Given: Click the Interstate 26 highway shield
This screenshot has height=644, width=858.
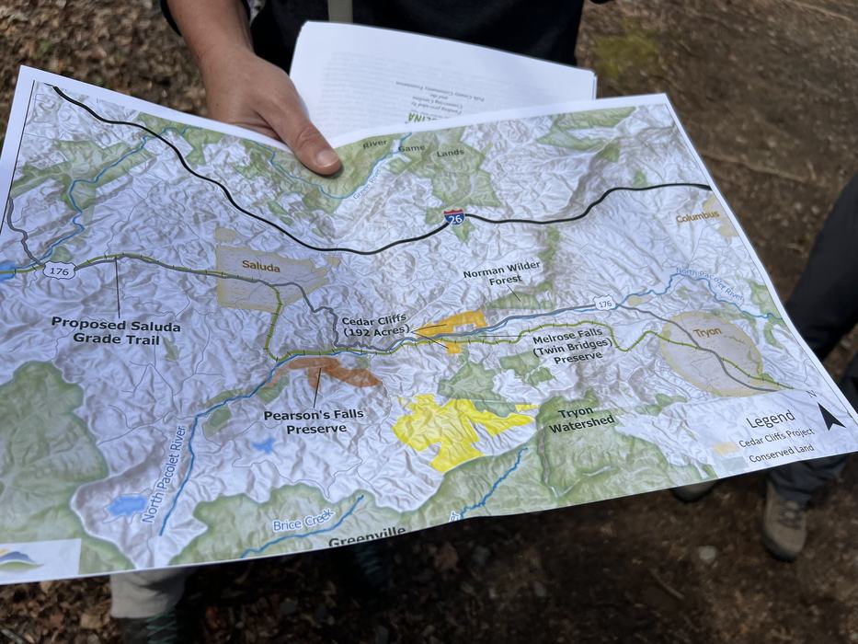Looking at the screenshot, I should coord(453,217).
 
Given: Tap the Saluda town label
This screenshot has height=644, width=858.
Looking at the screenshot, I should coord(260,265).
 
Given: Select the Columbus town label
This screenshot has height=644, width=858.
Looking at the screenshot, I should coord(698,217).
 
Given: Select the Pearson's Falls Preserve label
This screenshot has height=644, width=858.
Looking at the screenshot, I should coord(313,420).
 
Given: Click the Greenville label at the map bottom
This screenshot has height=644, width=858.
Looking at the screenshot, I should coord(367,541).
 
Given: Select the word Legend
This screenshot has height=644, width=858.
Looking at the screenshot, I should coord(770,421).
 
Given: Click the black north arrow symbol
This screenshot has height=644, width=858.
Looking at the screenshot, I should coord(829,418).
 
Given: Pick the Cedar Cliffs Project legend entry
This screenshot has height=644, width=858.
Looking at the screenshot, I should coord(775,440).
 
